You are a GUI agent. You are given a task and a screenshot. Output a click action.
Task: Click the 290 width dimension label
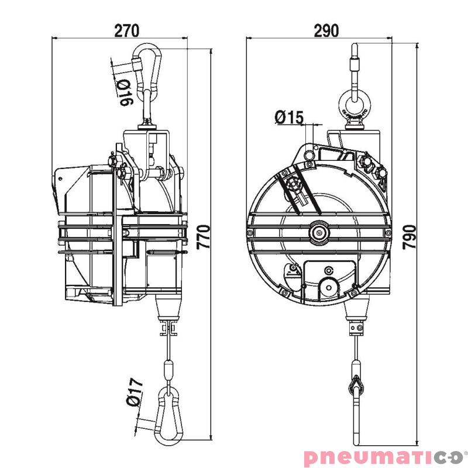(326, 30)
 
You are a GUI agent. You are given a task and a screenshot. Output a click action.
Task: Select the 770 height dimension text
(203, 237)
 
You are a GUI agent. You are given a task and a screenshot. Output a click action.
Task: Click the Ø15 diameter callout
(288, 118)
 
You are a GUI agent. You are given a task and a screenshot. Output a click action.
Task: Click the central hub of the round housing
(319, 232)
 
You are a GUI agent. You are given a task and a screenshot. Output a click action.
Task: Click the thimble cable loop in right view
(356, 386)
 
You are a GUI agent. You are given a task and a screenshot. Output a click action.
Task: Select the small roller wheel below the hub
(328, 289)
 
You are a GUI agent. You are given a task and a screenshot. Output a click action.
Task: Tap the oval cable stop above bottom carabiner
(168, 370)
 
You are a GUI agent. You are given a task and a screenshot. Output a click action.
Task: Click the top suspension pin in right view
(355, 62)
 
